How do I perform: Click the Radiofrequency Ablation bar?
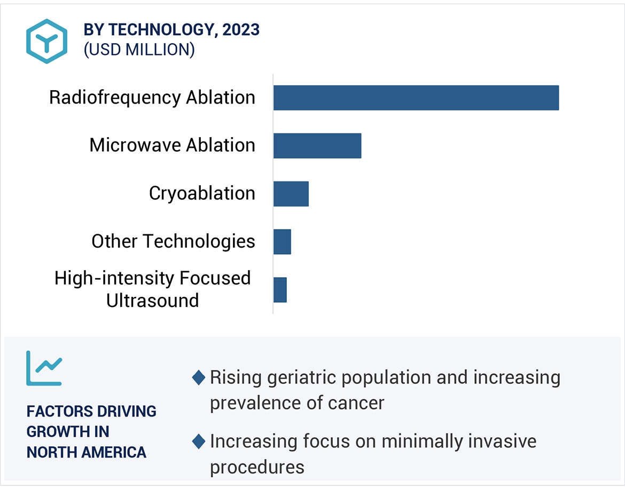(x=416, y=98)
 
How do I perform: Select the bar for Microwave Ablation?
(x=317, y=146)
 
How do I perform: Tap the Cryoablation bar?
(x=291, y=194)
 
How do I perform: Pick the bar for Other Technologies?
(x=282, y=242)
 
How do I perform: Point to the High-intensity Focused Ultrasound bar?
(x=280, y=290)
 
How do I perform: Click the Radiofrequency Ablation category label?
(x=152, y=98)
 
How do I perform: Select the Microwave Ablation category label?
(x=172, y=145)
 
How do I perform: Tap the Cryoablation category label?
(x=202, y=193)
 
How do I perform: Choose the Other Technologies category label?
(x=173, y=241)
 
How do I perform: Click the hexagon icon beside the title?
(x=47, y=42)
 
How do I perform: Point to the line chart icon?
(x=44, y=368)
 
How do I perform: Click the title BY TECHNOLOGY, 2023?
(x=171, y=30)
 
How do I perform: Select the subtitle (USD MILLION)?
(x=139, y=50)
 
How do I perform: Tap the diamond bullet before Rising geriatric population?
(x=199, y=378)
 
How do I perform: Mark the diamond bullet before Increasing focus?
(x=199, y=442)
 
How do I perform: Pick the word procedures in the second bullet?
(x=257, y=467)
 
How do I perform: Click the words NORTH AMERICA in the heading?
(x=86, y=452)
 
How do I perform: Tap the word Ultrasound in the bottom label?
(x=152, y=301)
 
